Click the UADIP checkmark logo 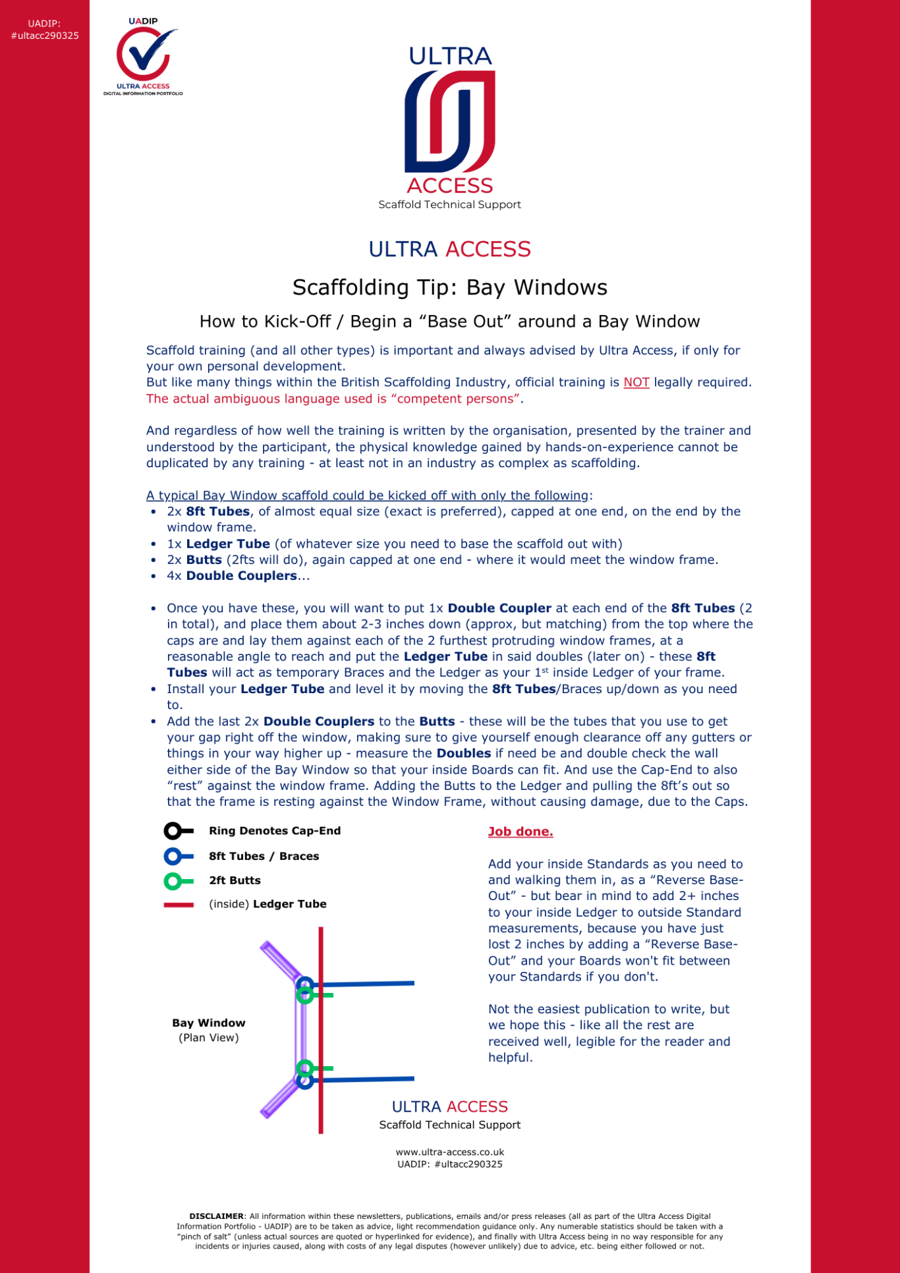pos(143,56)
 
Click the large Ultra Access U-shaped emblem pos(450,121)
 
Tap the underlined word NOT pos(636,383)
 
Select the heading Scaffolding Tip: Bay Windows pos(450,288)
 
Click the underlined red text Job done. pos(520,832)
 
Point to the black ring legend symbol pos(173,832)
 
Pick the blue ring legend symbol pos(173,857)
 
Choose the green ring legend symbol pos(173,881)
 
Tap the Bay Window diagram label pos(209,1023)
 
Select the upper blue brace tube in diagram pos(369,984)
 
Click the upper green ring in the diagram pos(305,995)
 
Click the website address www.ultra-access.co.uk pos(450,1152)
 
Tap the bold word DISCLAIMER pos(216,1216)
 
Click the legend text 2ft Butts pos(235,881)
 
